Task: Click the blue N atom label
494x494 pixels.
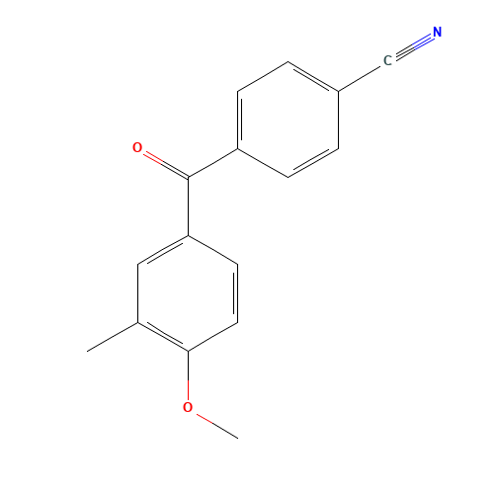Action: [437, 33]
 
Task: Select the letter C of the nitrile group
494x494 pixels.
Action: [387, 61]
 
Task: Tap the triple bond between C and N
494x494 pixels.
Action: [412, 46]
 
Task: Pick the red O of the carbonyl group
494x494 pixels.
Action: [137, 148]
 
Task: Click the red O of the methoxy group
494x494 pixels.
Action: [188, 407]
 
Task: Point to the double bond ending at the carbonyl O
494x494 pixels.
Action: [163, 163]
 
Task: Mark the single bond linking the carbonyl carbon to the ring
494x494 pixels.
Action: [212, 164]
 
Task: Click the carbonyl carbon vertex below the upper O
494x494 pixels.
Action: [188, 179]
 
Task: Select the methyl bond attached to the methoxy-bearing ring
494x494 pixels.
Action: [113, 337]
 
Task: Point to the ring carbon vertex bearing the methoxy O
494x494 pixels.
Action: [188, 351]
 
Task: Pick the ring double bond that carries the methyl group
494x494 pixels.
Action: [163, 336]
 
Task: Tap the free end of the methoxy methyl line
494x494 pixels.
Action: [237, 436]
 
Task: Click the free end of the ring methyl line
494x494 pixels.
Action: [88, 351]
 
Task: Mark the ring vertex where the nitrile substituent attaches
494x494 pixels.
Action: [338, 92]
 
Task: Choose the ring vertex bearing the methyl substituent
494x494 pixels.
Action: [137, 322]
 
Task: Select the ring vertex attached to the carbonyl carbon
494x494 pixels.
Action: [237, 149]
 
